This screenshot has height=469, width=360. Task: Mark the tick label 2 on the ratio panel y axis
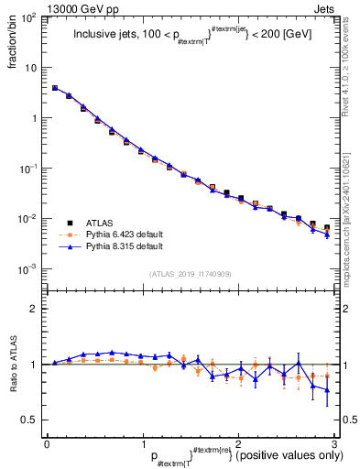click(x=34, y=309)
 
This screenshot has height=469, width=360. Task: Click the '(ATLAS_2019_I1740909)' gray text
click(x=190, y=274)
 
